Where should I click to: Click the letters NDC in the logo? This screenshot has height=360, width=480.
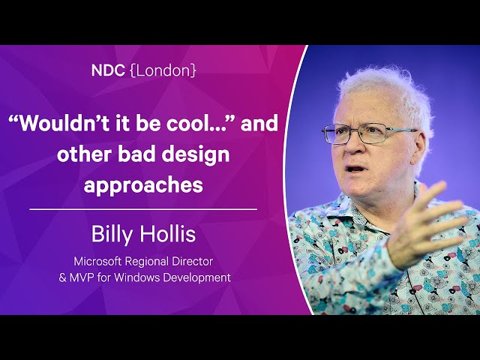tap(108, 70)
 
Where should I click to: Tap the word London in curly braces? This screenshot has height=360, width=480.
tap(163, 70)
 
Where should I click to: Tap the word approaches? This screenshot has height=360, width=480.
tap(143, 186)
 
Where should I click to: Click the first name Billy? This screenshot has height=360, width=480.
tap(113, 235)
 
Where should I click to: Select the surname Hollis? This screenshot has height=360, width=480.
tap(168, 234)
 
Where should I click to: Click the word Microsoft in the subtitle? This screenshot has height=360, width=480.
tap(98, 262)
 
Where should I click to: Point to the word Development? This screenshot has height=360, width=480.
tap(196, 278)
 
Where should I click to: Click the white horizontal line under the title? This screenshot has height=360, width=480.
tap(143, 209)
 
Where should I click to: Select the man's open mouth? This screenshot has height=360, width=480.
tap(355, 169)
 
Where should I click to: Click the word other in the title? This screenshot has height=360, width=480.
tap(84, 154)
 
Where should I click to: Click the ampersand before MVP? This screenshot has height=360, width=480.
tap(62, 278)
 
